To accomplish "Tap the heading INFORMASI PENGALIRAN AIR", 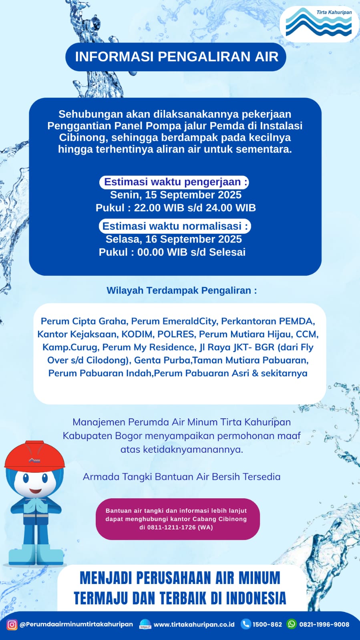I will pyautogui.click(x=176, y=57).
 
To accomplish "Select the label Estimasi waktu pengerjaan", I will pyautogui.click(x=174, y=182).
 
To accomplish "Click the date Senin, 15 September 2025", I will pyautogui.click(x=176, y=195).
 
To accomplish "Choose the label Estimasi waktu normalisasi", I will pyautogui.click(x=175, y=226).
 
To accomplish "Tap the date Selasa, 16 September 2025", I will pyautogui.click(x=173, y=239).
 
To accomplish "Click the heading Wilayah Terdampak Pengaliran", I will pyautogui.click(x=181, y=291).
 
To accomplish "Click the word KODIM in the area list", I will pyautogui.click(x=137, y=334).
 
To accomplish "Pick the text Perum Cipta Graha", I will pyautogui.click(x=83, y=321).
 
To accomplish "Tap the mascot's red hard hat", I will pyautogui.click(x=34, y=456).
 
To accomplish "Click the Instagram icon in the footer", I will pyautogui.click(x=12, y=624).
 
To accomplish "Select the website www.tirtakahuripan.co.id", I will pyautogui.click(x=194, y=624).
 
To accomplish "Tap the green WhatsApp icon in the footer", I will pyautogui.click(x=292, y=624).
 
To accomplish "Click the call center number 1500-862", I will pyautogui.click(x=267, y=624).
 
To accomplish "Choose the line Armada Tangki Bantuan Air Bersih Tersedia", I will pyautogui.click(x=181, y=477).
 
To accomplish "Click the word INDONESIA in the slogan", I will pyautogui.click(x=256, y=598).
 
